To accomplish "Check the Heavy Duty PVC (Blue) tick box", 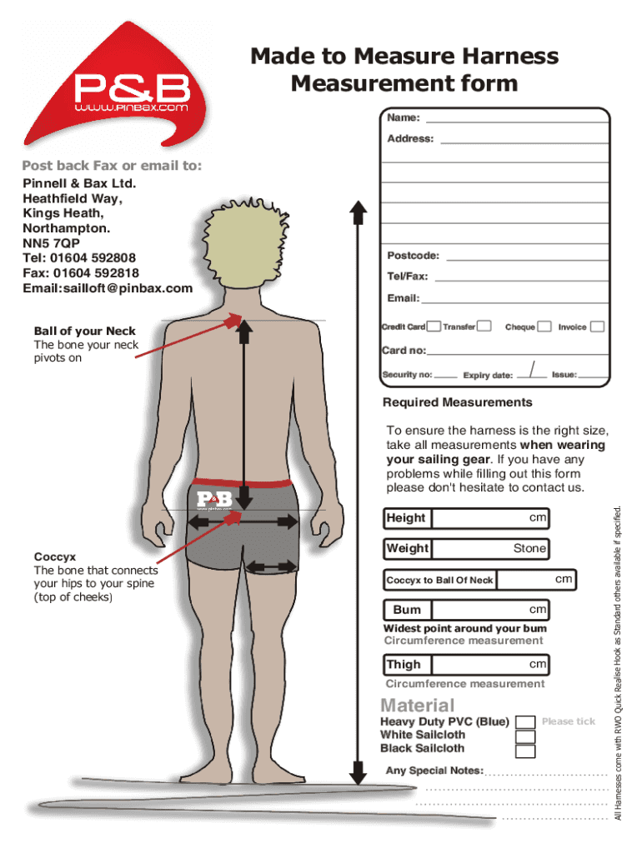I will tap(525, 722).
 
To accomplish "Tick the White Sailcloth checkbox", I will tap(525, 736).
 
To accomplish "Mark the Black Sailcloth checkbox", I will tap(525, 751).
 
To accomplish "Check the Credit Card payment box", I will tap(434, 327).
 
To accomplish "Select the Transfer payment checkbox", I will tap(484, 327).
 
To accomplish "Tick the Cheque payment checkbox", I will tap(544, 327).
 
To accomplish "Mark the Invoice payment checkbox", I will tap(597, 327).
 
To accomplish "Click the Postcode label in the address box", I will tap(413, 256).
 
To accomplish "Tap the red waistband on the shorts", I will tap(242, 482).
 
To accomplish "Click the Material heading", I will tap(418, 705).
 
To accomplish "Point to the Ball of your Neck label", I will tap(85, 331).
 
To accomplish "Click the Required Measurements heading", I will tap(457, 402).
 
